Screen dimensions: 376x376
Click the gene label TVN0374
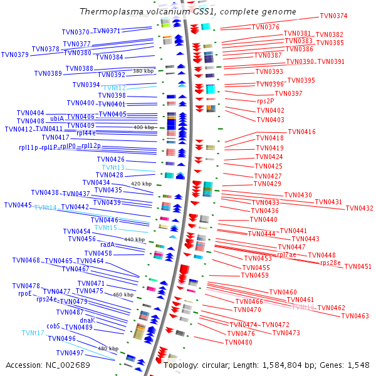coord(333,16)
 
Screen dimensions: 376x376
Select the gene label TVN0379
coord(15,55)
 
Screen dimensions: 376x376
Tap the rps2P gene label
coord(266,101)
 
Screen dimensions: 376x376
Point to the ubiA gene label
coord(57,118)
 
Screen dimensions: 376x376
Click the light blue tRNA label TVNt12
coord(114,88)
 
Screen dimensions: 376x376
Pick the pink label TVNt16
coord(303,308)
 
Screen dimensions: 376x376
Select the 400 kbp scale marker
coord(143,127)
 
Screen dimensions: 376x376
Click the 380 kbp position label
coord(143,71)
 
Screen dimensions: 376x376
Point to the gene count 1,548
coord(357,365)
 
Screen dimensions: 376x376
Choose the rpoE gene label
coord(25,293)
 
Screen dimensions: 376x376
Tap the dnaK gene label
coord(87,320)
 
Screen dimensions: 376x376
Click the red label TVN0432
coord(359,208)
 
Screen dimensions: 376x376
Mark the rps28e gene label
coord(330,263)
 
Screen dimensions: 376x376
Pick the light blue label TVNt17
coord(33,333)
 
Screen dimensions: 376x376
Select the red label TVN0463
coord(355,316)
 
